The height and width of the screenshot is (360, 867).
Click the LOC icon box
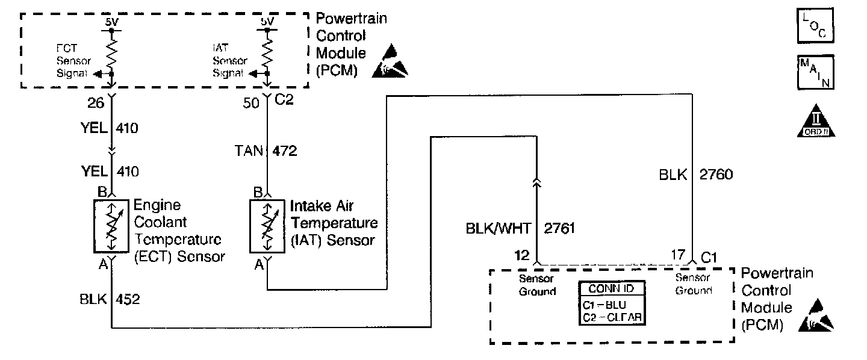[816, 26]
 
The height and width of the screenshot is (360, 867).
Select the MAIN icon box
[816, 72]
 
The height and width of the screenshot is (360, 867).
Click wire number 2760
[716, 175]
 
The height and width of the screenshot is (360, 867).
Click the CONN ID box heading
[611, 288]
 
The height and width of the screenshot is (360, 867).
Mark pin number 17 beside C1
[678, 255]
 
